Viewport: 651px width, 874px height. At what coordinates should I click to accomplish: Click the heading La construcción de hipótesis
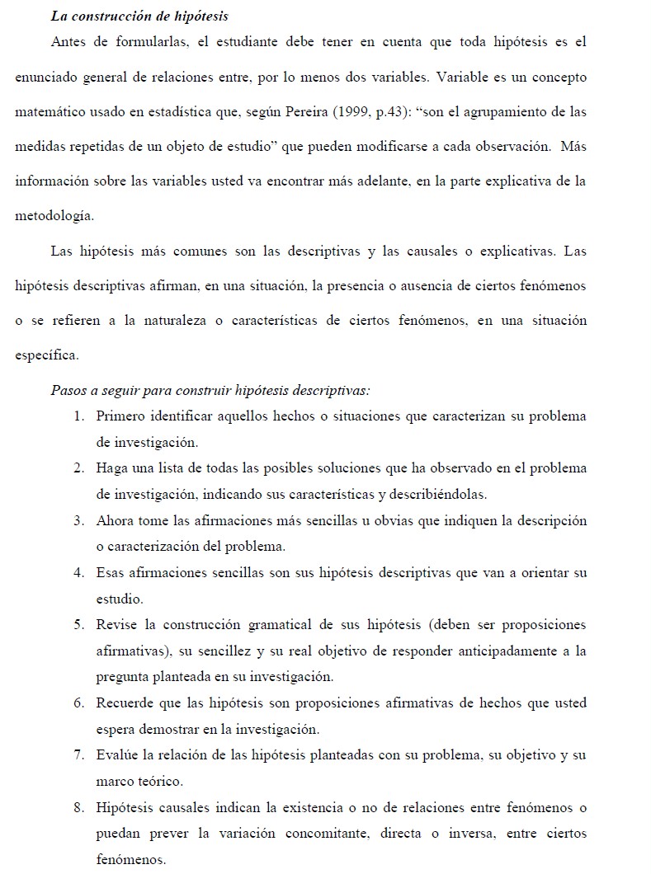139,16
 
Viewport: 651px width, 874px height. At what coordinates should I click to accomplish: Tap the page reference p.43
359,112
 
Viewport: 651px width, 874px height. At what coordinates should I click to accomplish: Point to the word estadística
191,112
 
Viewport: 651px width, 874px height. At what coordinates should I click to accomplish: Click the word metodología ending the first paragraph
54,216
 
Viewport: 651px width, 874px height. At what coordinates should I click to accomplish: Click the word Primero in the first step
122,416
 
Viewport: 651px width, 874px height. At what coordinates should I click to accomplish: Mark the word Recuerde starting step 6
125,703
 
